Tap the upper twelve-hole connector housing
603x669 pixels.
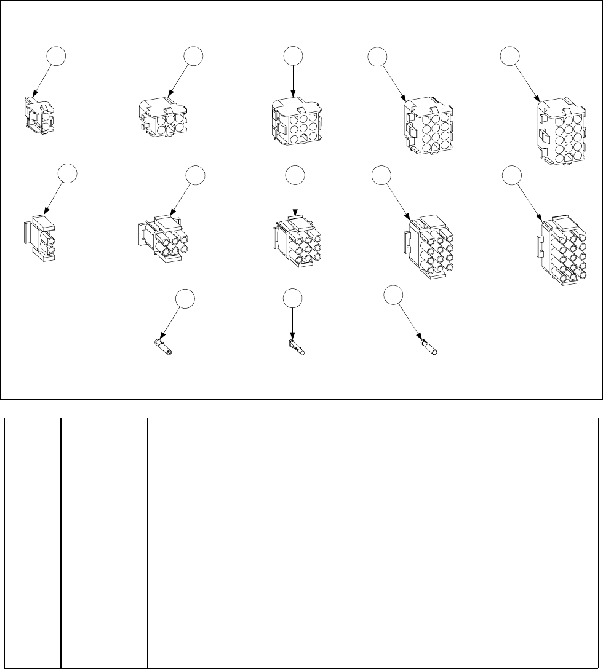tap(428, 127)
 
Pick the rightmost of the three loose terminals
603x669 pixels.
tap(428, 347)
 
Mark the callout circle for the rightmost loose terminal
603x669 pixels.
tap(393, 294)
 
